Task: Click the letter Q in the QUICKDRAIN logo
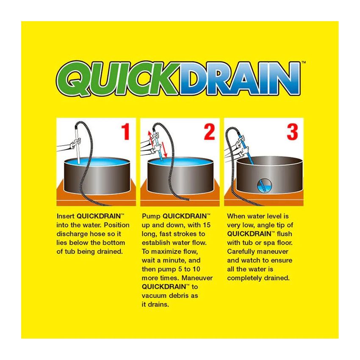[x=74, y=80]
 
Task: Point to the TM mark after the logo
[x=303, y=64]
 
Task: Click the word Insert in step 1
[x=65, y=216]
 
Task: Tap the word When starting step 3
[x=236, y=216]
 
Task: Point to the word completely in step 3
[x=245, y=278]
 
